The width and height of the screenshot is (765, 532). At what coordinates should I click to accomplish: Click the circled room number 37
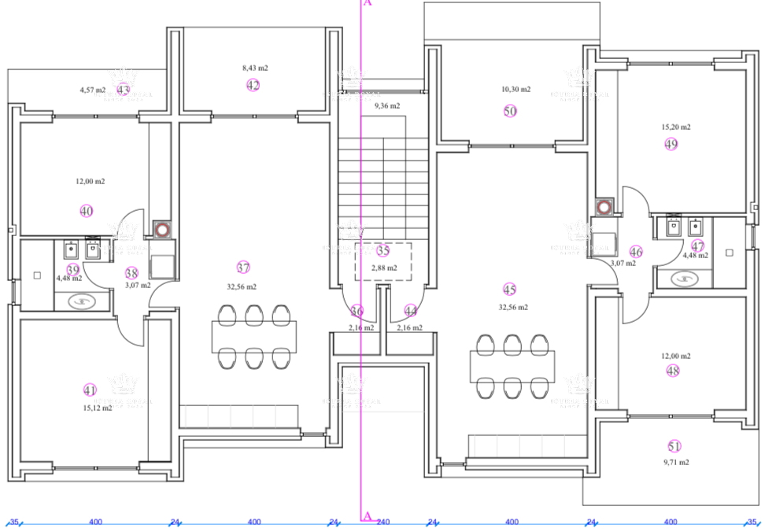243,267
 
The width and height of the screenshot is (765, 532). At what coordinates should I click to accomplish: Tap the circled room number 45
509,289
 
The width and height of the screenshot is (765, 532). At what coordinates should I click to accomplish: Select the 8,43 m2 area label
255,68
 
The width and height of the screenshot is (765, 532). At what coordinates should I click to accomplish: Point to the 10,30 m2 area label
516,90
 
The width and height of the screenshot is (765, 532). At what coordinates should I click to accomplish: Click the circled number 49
671,144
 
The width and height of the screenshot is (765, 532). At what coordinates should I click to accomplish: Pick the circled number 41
89,390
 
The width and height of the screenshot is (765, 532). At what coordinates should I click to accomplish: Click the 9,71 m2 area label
675,463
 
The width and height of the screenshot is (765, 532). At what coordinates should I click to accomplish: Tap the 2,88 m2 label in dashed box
383,268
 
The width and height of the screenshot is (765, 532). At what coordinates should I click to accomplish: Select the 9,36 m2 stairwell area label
386,105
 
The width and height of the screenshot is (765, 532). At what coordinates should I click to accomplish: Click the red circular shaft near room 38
162,231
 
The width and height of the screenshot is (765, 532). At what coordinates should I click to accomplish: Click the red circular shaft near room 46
604,208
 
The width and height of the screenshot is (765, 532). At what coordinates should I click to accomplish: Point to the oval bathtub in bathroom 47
685,278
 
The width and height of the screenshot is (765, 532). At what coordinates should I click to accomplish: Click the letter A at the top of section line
367,3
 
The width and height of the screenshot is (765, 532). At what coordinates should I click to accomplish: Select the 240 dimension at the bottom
382,522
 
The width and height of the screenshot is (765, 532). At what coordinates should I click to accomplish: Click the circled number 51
674,445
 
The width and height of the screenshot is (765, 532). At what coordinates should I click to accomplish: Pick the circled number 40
87,210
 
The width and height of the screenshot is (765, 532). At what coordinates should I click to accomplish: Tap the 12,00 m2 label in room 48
675,356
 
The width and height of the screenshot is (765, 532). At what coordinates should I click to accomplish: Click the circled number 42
253,85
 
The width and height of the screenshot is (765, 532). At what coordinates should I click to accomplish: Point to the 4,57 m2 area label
93,90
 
